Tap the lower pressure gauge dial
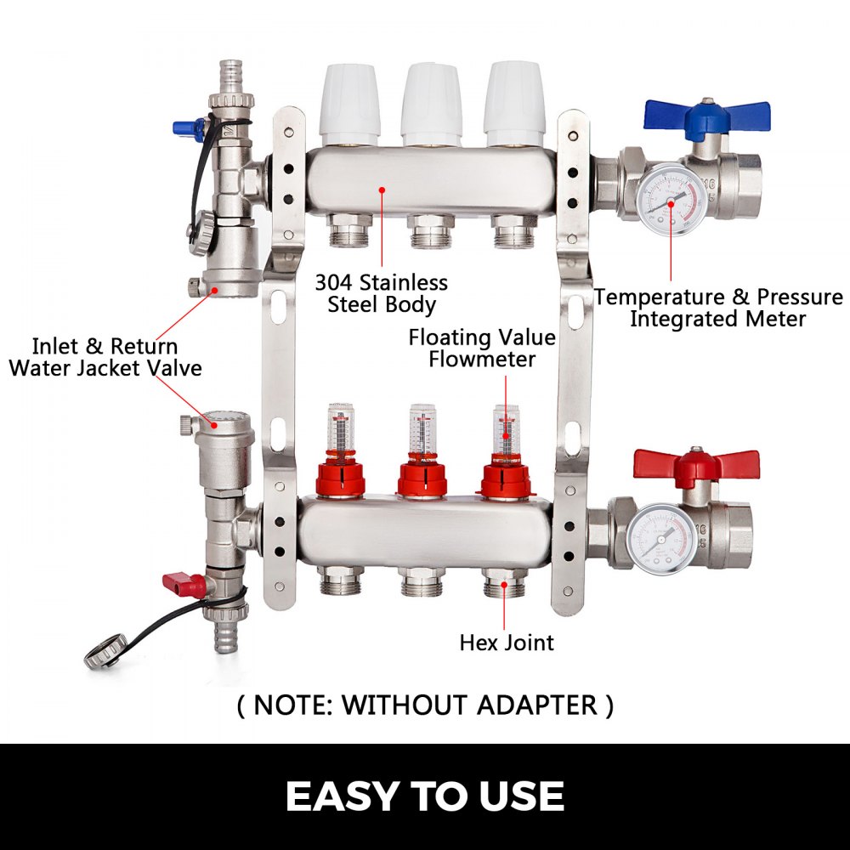tap(661, 537)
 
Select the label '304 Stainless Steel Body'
tap(381, 293)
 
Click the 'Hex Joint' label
tap(507, 642)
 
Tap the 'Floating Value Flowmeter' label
tap(482, 348)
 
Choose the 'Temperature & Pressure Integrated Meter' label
tap(718, 308)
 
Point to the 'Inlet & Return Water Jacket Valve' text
tap(105, 357)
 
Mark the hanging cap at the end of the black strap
tap(105, 654)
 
